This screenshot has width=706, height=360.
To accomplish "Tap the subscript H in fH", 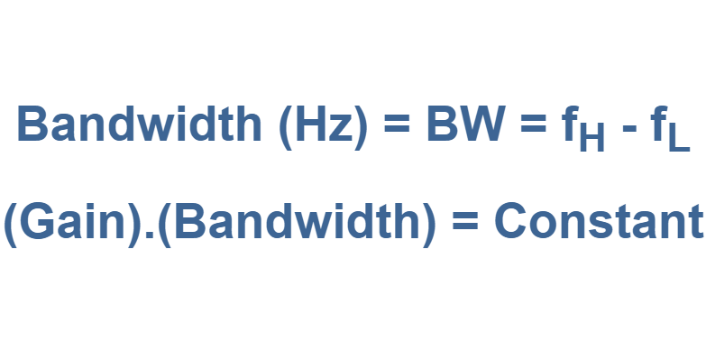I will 592,140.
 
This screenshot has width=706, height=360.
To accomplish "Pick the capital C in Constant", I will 511,222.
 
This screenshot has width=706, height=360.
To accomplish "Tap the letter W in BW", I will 483,125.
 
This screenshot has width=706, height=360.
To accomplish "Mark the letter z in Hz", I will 343,130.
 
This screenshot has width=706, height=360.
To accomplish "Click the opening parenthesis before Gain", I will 11,223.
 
